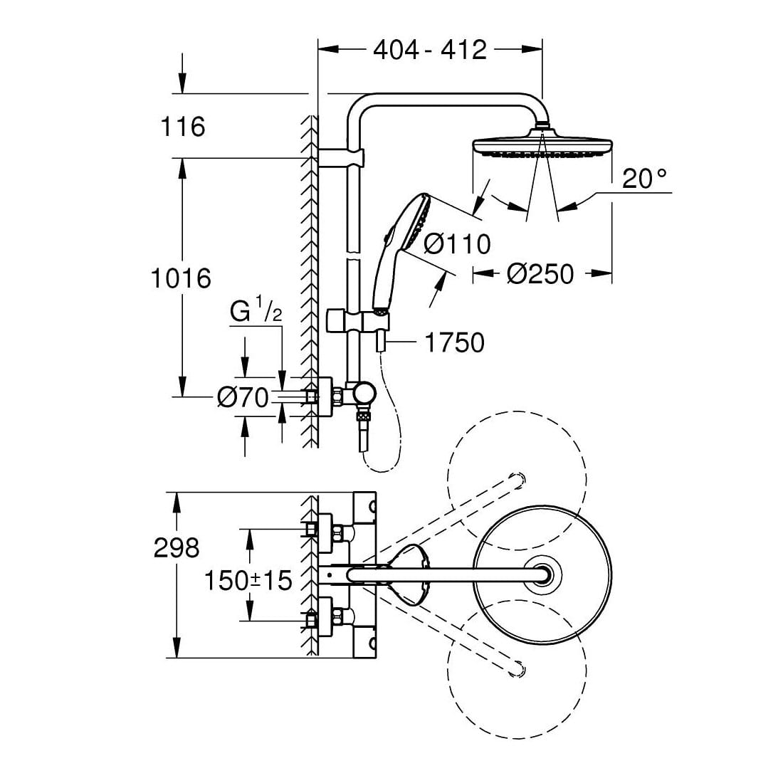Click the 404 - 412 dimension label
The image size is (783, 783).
429,49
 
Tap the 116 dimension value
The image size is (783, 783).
182,127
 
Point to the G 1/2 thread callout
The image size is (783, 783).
253,312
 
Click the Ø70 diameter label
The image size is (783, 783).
243,396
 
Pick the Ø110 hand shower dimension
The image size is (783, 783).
457,244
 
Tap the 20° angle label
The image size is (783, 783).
646,179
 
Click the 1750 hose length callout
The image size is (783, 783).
454,342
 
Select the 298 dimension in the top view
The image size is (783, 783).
177,547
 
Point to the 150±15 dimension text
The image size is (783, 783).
248,580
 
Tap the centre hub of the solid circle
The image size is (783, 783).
542,575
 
